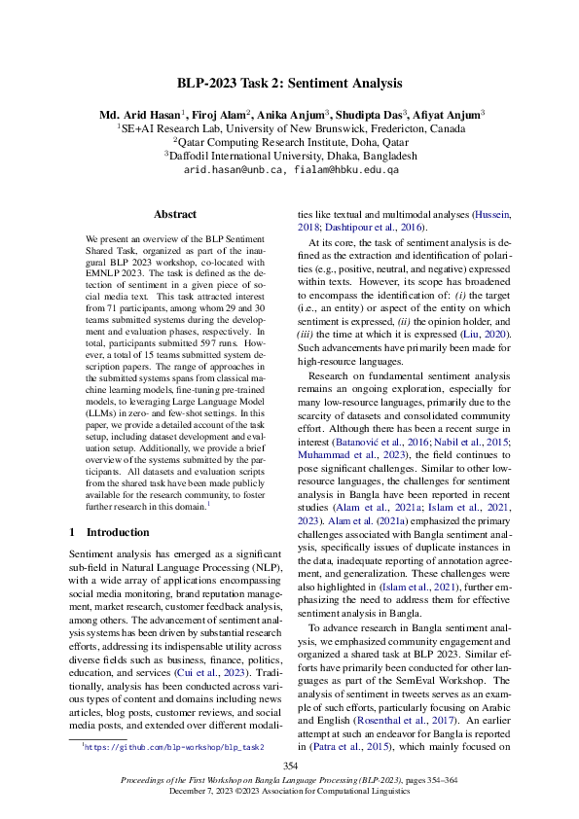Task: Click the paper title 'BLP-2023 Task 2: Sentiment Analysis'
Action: (x=290, y=84)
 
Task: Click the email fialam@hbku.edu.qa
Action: (x=344, y=169)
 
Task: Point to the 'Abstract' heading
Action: (x=175, y=214)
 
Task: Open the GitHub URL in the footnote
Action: (x=173, y=747)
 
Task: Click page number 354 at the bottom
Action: (x=290, y=767)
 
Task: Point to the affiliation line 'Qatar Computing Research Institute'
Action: (x=290, y=141)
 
